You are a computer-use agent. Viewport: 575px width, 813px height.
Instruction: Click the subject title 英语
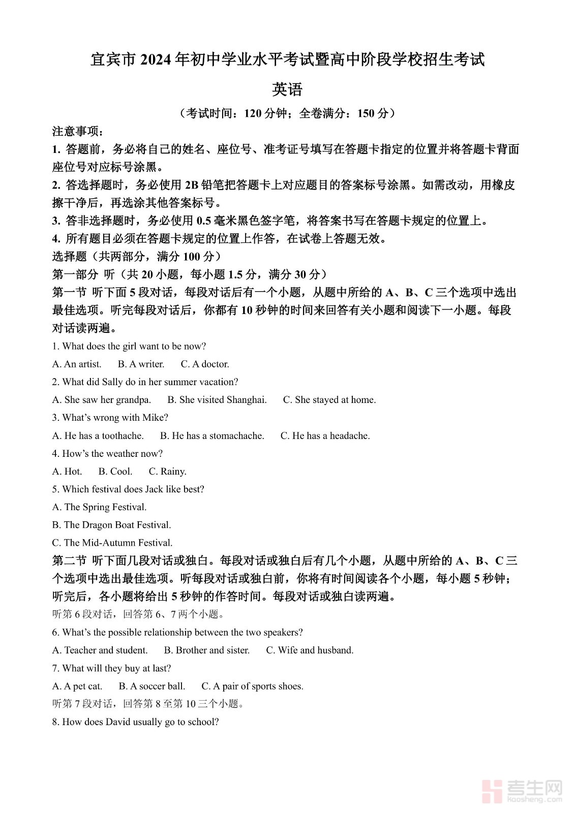287,90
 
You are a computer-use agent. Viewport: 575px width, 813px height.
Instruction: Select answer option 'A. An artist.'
77,364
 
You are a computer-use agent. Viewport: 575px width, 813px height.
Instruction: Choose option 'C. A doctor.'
205,364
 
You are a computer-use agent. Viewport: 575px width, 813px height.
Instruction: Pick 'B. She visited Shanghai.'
217,400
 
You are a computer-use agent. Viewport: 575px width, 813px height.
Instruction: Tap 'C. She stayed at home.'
329,400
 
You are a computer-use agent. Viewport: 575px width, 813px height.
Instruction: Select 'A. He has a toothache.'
98,436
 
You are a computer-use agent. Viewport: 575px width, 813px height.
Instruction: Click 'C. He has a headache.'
325,436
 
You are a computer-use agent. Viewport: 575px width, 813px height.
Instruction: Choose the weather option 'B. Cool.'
115,472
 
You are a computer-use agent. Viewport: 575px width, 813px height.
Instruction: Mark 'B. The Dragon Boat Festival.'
112,525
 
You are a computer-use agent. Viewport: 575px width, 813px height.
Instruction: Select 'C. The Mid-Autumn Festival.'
112,543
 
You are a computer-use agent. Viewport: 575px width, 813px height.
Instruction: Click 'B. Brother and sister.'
207,650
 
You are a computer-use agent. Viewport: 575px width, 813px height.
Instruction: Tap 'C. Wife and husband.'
310,650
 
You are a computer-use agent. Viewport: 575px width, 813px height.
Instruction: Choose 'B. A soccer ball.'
152,686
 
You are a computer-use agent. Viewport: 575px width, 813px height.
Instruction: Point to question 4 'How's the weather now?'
107,454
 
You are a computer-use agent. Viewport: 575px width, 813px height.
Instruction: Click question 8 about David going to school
136,722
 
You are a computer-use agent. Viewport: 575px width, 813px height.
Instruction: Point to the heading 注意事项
77,132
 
